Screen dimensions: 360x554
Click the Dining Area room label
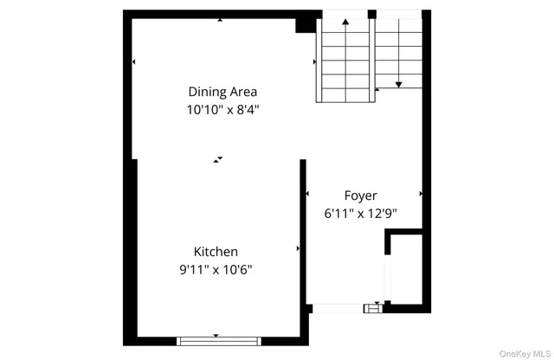point(222,92)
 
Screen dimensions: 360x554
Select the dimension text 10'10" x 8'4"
point(222,110)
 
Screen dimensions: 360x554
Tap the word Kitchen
point(216,252)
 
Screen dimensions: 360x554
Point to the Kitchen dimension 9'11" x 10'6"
point(216,269)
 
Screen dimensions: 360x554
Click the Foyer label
point(360,196)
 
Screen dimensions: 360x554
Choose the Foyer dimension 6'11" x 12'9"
point(360,213)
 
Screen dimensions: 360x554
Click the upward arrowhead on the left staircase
point(345,21)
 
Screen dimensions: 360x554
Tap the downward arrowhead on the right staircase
point(398,84)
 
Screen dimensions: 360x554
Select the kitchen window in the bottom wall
point(216,339)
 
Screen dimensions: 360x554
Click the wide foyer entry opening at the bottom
point(338,307)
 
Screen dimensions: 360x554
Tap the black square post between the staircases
point(371,15)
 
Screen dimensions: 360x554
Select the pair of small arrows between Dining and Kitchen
point(218,159)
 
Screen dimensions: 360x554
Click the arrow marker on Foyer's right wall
point(421,194)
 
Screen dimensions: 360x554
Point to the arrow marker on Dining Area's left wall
point(134,62)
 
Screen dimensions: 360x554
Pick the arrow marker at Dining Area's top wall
point(220,19)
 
